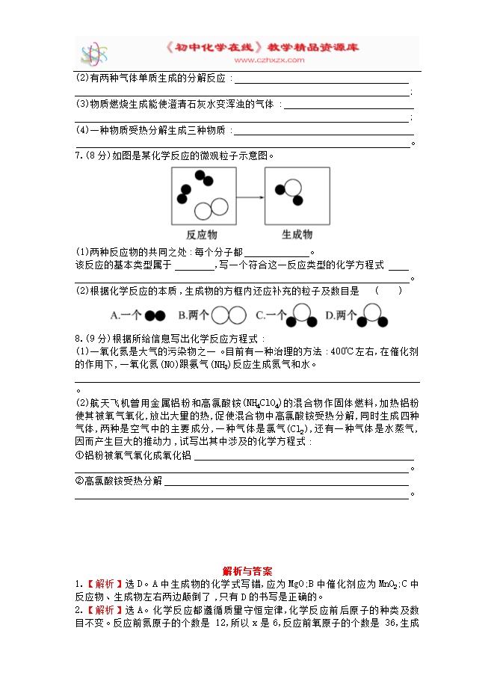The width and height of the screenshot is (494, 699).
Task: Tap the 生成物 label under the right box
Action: pos(297,234)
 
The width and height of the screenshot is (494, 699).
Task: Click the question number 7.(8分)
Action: pos(92,155)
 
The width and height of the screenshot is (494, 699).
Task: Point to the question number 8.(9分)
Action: pos(92,338)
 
